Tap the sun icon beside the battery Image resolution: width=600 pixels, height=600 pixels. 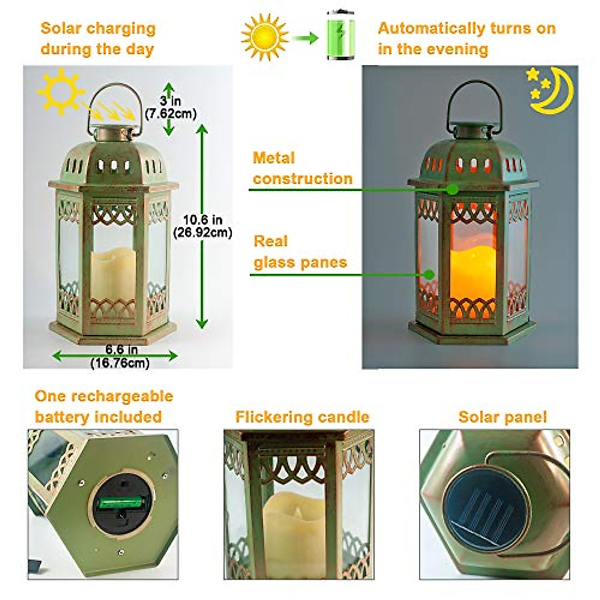click(264, 36)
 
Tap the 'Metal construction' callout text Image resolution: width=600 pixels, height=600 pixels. click(302, 168)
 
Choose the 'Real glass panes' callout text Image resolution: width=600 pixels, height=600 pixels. click(300, 252)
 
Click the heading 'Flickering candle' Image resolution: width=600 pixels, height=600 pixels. click(302, 417)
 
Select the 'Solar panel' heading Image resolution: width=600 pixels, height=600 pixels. click(502, 417)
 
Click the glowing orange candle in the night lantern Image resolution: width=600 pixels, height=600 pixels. click(472, 273)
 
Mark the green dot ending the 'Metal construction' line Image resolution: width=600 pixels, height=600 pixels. click(452, 189)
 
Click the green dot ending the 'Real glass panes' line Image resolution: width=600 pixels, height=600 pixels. click(428, 274)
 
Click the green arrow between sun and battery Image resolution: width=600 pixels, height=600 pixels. click(305, 37)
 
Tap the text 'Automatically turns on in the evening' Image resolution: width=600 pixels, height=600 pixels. click(466, 38)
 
